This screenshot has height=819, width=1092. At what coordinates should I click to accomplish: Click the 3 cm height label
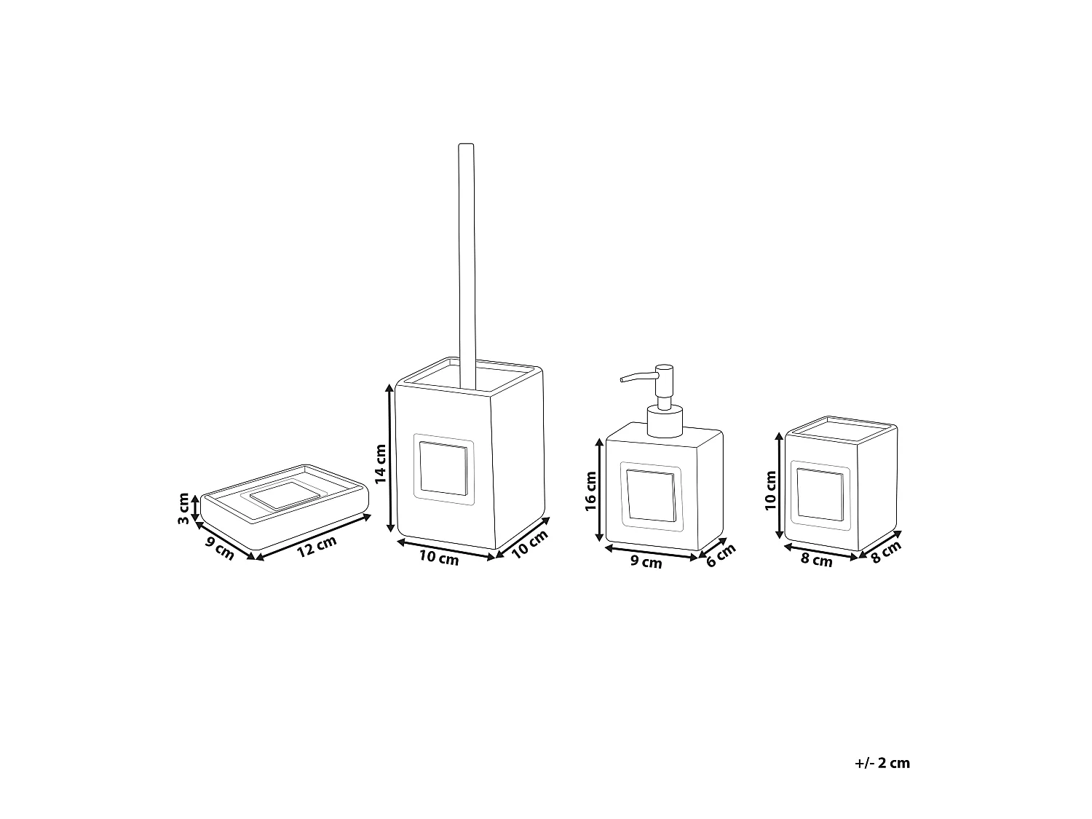click(x=183, y=508)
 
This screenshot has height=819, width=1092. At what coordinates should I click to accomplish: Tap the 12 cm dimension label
click(x=317, y=546)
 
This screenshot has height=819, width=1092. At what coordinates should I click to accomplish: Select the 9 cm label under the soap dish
click(x=219, y=547)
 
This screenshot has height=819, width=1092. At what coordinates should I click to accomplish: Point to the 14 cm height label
click(x=380, y=464)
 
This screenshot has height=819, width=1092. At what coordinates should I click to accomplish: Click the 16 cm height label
click(x=590, y=491)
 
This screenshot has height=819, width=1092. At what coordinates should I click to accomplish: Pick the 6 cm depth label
click(x=721, y=558)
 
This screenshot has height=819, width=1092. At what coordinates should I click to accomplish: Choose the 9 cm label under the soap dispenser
click(x=646, y=562)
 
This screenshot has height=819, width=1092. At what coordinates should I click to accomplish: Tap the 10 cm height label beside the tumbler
click(x=772, y=490)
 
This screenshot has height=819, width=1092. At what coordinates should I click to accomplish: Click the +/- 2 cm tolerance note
click(x=882, y=763)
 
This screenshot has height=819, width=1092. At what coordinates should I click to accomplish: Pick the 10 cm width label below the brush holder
click(x=439, y=558)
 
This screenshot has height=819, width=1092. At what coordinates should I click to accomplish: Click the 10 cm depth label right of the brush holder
click(x=529, y=544)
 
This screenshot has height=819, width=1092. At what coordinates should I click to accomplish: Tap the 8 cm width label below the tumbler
click(x=817, y=561)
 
